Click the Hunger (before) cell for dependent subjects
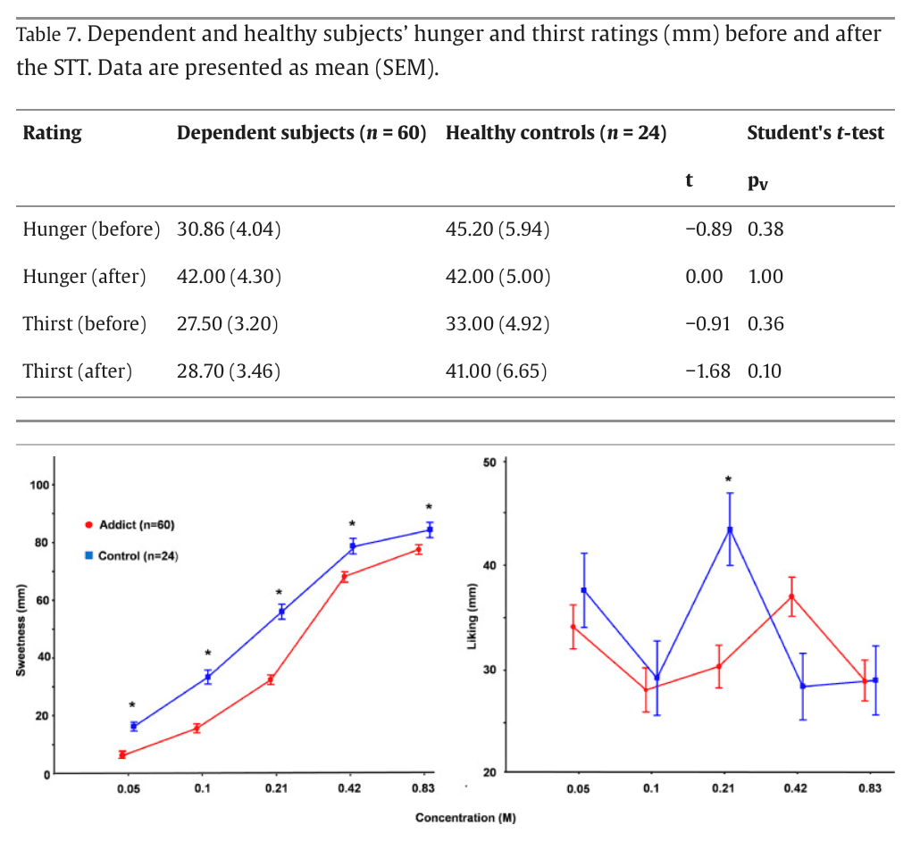[229, 229]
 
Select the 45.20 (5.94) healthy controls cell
[497, 229]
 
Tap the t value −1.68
[708, 371]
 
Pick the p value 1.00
[765, 277]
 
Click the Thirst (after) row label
[77, 371]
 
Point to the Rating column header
[52, 133]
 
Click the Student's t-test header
[815, 133]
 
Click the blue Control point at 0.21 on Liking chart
[730, 529]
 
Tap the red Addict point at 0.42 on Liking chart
[791, 596]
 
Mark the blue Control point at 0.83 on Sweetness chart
[430, 530]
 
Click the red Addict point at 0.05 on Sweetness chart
[122, 755]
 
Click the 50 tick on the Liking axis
[489, 462]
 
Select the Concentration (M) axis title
[464, 817]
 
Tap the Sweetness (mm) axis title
[21, 629]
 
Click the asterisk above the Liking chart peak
[728, 480]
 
